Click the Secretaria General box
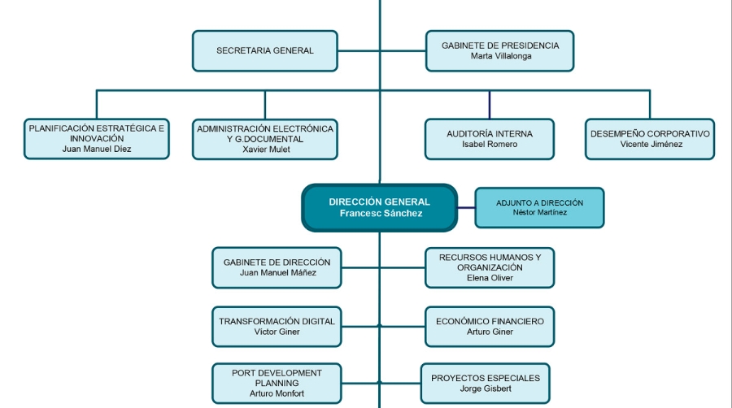pos(265,50)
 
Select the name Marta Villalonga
pos(499,57)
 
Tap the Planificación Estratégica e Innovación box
pos(97,139)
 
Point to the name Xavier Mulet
pos(265,150)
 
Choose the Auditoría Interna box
pos(489,139)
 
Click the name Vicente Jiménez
pos(651,145)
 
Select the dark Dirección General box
pos(379,207)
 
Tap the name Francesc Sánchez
pos(381,214)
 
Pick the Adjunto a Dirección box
pos(539,207)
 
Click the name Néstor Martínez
pos(540,213)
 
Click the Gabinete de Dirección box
pos(277,267)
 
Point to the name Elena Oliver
pos(490,278)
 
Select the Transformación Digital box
pos(277,326)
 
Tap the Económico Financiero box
pos(490,326)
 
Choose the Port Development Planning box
pos(277,383)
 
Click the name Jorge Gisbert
pos(485,389)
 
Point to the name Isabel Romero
pos(489,145)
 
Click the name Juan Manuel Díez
pos(96,150)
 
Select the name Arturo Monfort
pos(277,393)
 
